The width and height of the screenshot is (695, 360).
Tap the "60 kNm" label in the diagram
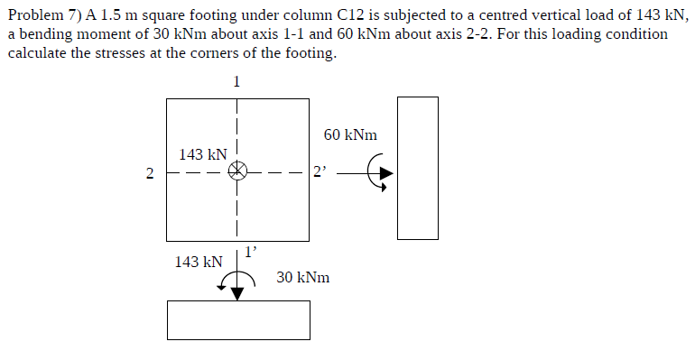click(350, 134)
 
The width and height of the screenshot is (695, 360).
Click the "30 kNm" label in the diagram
click(303, 277)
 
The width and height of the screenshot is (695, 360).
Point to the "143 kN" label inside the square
click(202, 155)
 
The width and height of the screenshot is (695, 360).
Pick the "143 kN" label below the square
click(199, 262)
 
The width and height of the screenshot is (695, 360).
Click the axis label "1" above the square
click(236, 80)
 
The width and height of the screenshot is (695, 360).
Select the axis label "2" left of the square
click(150, 172)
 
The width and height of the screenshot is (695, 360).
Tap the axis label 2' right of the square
click(319, 171)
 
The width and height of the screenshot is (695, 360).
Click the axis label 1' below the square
click(252, 250)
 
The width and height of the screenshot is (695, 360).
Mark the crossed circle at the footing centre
click(236, 171)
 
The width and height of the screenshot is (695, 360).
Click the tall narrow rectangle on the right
click(418, 168)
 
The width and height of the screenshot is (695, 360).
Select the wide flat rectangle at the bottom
click(238, 319)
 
